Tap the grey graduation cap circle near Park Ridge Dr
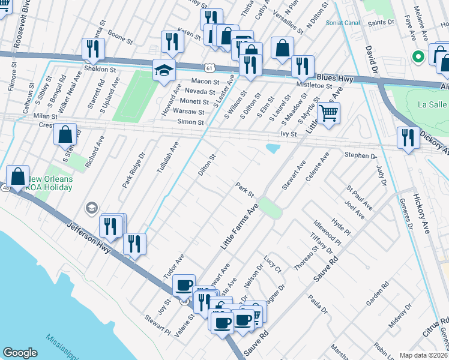[91, 208]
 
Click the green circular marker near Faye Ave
[418, 57]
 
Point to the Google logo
[20, 352]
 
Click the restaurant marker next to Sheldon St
[93, 51]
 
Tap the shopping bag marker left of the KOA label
[17, 177]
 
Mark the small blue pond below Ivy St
[273, 148]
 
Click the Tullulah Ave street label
[167, 157]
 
